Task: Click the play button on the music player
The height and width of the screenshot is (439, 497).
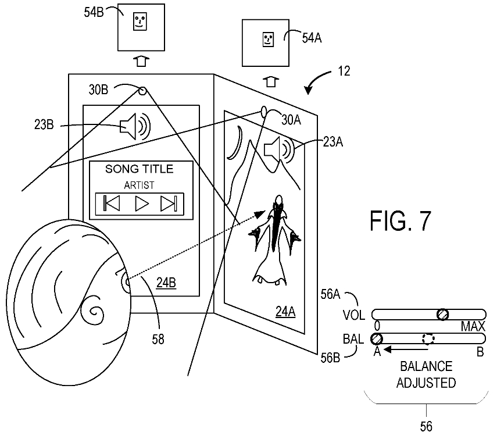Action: tap(141, 204)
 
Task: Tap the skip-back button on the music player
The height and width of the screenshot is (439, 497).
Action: tap(112, 203)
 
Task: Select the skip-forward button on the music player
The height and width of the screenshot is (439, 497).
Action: tap(169, 204)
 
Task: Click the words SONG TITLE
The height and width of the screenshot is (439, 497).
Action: tap(139, 169)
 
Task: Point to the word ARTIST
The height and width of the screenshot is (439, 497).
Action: tap(139, 185)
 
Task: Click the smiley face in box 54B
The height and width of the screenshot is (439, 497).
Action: tap(140, 22)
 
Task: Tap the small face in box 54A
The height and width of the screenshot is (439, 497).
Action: tap(268, 40)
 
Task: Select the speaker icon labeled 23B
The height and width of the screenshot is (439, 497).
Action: tap(135, 127)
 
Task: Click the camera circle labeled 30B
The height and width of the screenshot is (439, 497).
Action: tap(142, 91)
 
